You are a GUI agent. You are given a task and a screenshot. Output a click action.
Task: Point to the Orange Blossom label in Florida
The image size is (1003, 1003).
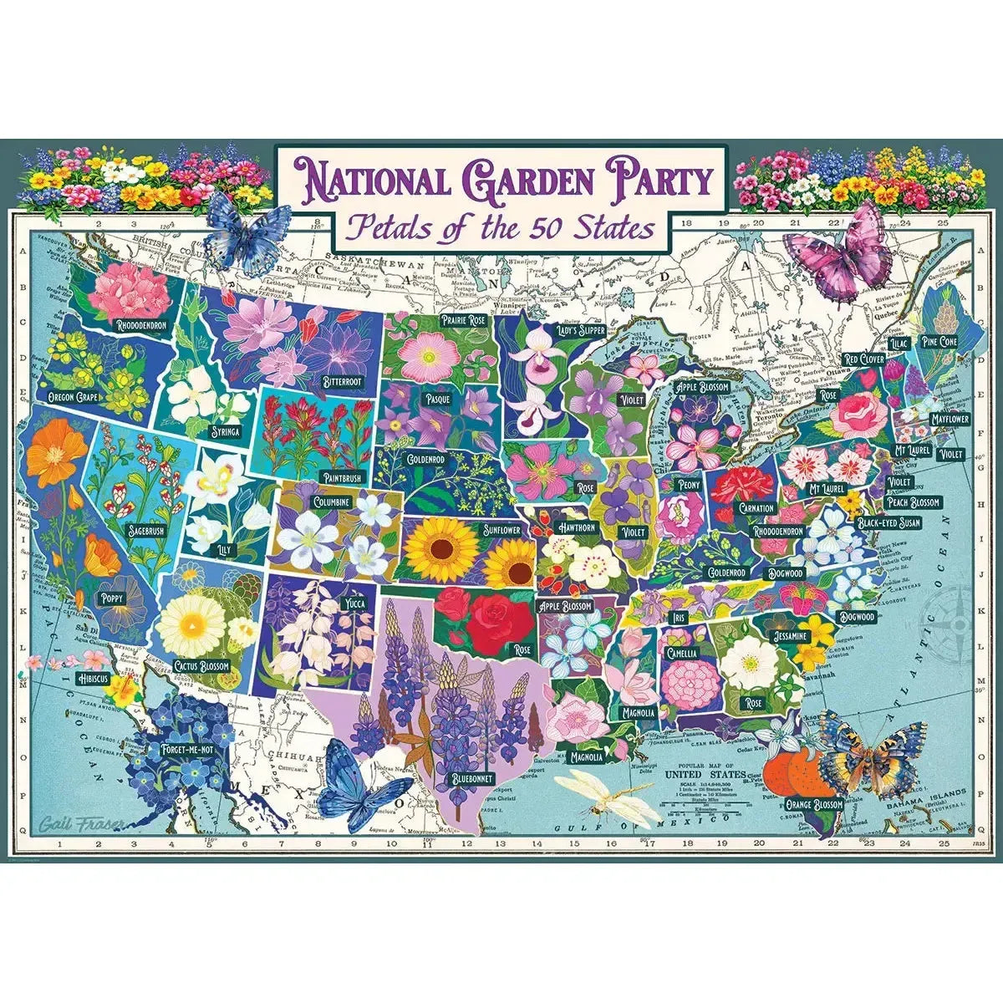pos(813,804)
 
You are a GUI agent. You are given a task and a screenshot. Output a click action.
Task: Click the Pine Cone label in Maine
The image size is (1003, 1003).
pos(939,341)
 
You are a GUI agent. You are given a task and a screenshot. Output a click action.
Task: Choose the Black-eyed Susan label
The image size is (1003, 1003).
pos(888,523)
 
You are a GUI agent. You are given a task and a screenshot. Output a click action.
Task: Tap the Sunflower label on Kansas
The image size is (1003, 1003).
pos(501,530)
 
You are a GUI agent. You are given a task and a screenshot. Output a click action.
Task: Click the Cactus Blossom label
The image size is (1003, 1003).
pos(201,666)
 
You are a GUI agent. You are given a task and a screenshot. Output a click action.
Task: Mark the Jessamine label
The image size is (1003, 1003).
pos(790,636)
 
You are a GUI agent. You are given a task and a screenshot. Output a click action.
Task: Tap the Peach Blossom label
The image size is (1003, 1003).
pos(913,502)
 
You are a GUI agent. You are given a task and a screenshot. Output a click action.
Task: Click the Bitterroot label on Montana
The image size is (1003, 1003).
pos(341,381)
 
